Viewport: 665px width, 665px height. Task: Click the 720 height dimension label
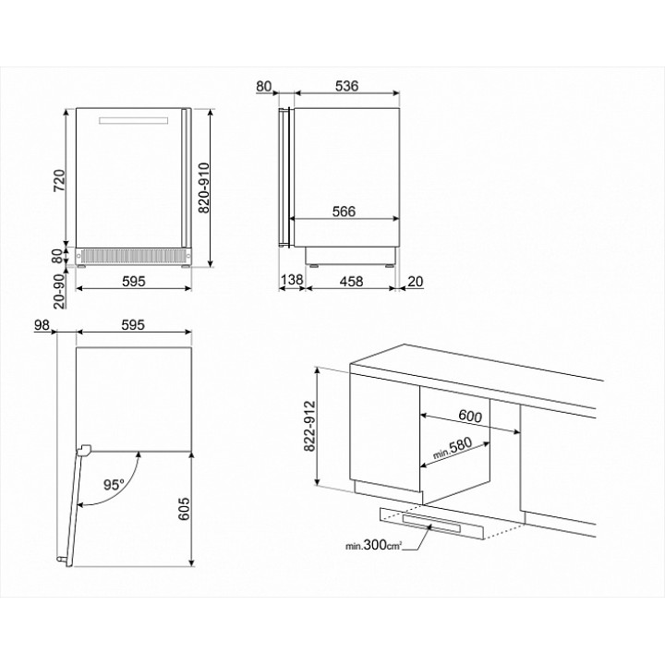[59, 181]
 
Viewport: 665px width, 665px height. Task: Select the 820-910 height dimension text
[204, 187]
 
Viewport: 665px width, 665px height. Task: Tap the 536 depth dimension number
[346, 86]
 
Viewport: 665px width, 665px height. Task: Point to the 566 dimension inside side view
[344, 212]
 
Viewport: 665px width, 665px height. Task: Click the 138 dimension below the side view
[292, 280]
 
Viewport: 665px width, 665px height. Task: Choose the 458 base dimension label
[351, 281]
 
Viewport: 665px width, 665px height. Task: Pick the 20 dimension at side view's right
[416, 281]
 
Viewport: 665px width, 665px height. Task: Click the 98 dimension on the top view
[42, 325]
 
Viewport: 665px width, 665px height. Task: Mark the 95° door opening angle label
[114, 484]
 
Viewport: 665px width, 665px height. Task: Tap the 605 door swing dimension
[184, 509]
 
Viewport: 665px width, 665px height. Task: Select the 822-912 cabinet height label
[310, 426]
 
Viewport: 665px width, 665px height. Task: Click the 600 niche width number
[470, 416]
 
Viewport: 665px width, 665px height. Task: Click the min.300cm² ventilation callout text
[374, 545]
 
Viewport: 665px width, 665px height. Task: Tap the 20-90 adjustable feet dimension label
[59, 291]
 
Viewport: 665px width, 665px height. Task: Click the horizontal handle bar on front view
[134, 120]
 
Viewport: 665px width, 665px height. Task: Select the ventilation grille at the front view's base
[134, 256]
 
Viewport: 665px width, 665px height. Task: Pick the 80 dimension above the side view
[264, 86]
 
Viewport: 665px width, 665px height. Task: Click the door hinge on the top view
[84, 450]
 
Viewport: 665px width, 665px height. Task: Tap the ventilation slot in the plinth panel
[431, 525]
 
